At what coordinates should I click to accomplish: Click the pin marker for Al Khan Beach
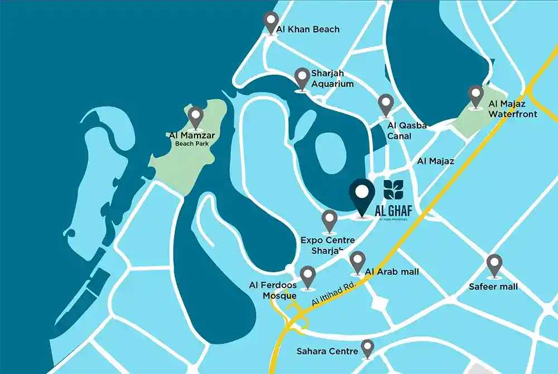[x=271, y=23]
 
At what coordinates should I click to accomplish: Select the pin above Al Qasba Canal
[x=386, y=104]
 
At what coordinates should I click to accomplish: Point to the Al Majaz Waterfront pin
[x=475, y=95]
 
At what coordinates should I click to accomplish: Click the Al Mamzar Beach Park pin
[x=195, y=117]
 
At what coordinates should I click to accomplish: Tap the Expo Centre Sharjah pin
[x=330, y=220]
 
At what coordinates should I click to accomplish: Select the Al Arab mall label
[x=392, y=272]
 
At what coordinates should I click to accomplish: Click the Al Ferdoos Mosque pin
[x=307, y=277]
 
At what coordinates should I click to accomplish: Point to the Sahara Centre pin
[x=367, y=348]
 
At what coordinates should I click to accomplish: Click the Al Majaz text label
[x=436, y=161]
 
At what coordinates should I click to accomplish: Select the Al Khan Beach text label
[x=308, y=29]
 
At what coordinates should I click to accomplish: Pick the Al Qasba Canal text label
[x=407, y=131]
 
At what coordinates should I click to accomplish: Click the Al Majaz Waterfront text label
[x=513, y=109]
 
